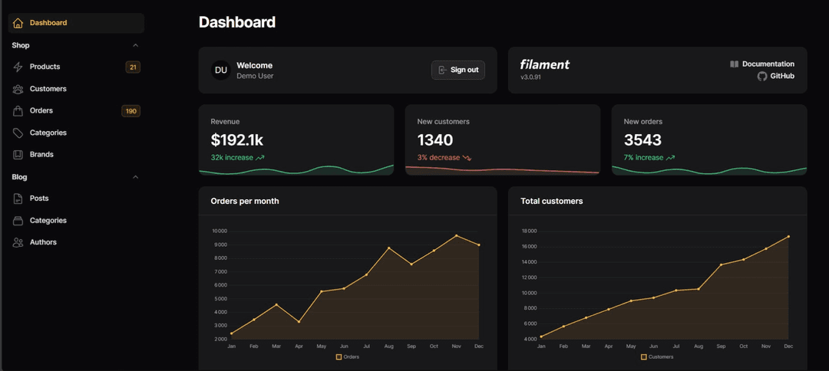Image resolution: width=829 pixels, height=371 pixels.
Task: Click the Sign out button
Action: [x=458, y=70]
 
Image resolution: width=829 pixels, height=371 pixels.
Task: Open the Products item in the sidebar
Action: [x=45, y=67]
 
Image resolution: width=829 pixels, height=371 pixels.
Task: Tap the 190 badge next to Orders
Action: [x=131, y=111]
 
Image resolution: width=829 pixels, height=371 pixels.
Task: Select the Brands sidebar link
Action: [x=41, y=154]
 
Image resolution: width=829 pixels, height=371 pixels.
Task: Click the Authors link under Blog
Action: [x=43, y=242]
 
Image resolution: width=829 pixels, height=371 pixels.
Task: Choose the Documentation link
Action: [x=768, y=64]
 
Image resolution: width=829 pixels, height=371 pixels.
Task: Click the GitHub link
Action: [x=781, y=76]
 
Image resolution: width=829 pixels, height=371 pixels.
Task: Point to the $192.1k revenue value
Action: [x=237, y=140]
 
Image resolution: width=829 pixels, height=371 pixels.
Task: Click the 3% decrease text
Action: [x=438, y=157]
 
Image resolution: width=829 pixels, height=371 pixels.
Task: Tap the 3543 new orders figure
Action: [x=642, y=140]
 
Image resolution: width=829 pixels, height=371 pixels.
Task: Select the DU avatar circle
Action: [x=221, y=71]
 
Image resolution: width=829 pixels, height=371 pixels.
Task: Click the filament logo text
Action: [x=545, y=64]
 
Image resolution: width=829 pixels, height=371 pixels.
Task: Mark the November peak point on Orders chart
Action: [x=457, y=235]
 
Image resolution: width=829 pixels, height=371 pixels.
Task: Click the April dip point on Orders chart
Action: [x=299, y=321]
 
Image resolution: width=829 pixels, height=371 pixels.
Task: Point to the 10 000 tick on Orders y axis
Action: [x=220, y=231]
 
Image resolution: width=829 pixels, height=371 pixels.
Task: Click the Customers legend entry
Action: [x=657, y=356]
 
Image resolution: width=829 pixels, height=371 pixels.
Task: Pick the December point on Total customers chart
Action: [x=788, y=237]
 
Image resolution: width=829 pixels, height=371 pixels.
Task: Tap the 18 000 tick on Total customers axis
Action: [x=529, y=231]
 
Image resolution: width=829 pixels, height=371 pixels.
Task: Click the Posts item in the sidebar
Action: [x=39, y=199]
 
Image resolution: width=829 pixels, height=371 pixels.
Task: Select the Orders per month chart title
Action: [x=245, y=201]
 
